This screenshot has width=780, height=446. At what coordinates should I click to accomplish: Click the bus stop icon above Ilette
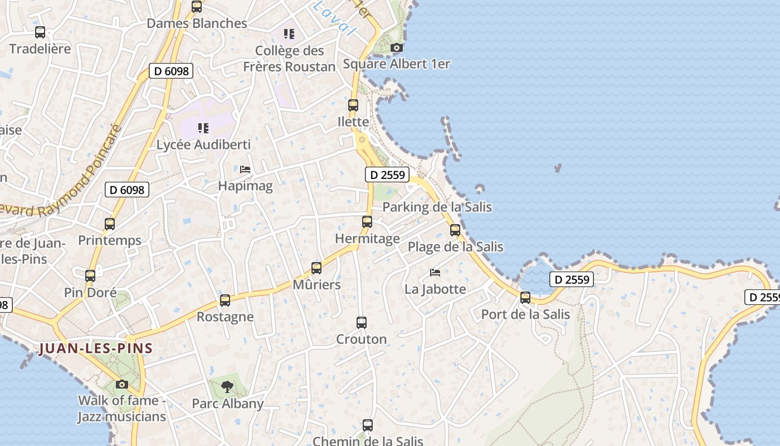(x=353, y=105)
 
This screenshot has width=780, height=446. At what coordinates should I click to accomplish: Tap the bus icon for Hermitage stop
(x=367, y=221)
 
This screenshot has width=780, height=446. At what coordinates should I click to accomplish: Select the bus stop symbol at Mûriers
(x=316, y=268)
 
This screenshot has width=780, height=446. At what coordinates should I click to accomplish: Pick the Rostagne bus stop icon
(x=225, y=300)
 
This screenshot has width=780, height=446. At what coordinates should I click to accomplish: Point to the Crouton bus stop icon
(x=362, y=322)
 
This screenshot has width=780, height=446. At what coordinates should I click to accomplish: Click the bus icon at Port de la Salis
(x=525, y=297)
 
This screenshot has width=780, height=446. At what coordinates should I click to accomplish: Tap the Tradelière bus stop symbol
(x=40, y=32)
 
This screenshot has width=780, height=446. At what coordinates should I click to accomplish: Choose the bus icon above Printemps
(x=110, y=224)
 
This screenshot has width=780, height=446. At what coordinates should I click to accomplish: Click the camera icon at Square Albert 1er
(x=397, y=47)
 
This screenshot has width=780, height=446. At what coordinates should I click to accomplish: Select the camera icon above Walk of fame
(x=122, y=384)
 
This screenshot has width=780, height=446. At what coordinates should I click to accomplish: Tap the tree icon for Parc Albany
(x=227, y=386)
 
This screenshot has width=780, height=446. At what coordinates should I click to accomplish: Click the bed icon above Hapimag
(x=245, y=169)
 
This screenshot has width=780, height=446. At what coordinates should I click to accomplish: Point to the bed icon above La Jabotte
(x=435, y=272)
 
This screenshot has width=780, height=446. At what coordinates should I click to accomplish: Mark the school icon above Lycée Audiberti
(x=203, y=128)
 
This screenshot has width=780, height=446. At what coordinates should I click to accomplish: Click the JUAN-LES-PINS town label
(x=96, y=348)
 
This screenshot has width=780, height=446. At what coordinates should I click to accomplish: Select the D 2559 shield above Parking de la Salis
(x=387, y=174)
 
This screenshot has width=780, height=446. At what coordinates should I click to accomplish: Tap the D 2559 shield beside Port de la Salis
(x=571, y=279)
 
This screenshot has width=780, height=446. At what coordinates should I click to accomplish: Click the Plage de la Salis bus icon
(x=455, y=230)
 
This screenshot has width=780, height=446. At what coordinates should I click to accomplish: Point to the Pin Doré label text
(x=90, y=293)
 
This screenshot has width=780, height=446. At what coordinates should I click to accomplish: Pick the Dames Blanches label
(x=197, y=23)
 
